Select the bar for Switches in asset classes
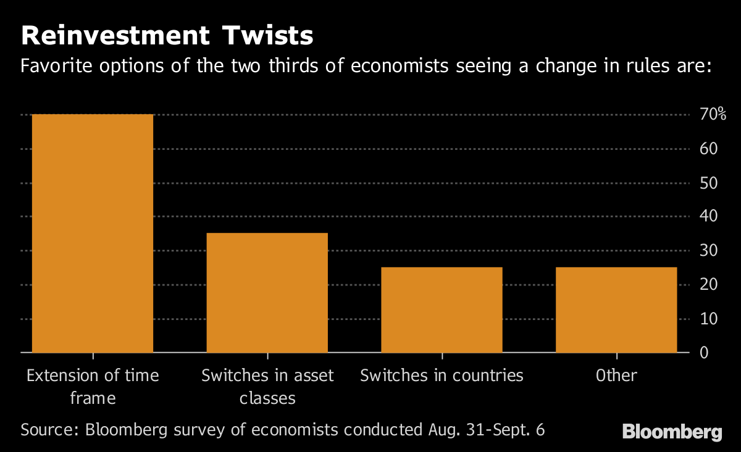pos(267,292)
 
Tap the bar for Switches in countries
pos(442,310)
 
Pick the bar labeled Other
pos(616,310)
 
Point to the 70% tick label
pos(713,115)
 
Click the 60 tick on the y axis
pos(708,149)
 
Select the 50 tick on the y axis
pos(708,183)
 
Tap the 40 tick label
pos(708,216)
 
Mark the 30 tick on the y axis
pos(708,250)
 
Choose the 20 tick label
pos(708,285)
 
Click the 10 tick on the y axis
pos(708,319)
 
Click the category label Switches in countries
pos(442,376)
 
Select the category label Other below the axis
pos(616,376)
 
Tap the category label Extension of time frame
pos(93,387)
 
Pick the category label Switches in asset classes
pos(267,387)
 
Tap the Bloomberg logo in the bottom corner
pos(672,432)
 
